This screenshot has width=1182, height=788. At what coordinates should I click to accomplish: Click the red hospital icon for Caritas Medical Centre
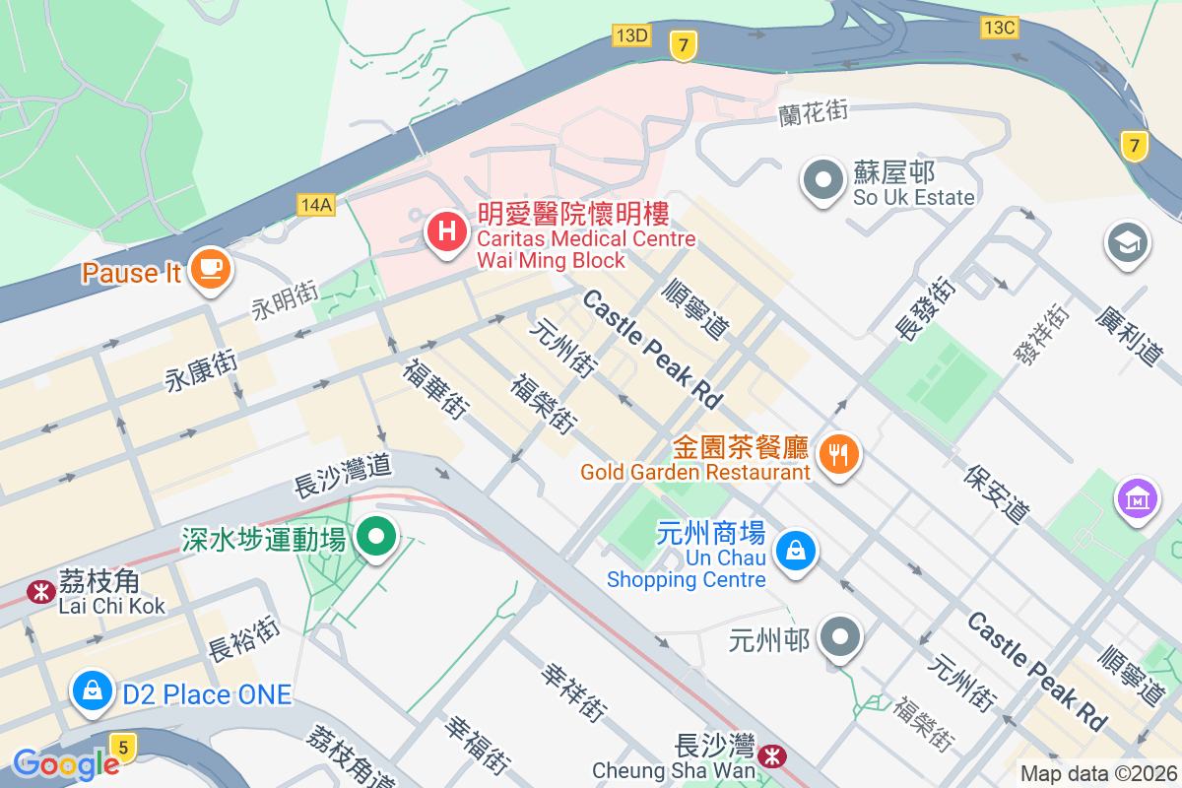pyautogui.click(x=446, y=233)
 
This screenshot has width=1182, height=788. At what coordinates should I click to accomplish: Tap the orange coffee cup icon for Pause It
pyautogui.click(x=209, y=268)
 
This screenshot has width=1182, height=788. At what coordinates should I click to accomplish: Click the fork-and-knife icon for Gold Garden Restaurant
pyautogui.click(x=839, y=454)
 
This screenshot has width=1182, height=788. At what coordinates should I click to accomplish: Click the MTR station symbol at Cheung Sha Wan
pyautogui.click(x=772, y=756)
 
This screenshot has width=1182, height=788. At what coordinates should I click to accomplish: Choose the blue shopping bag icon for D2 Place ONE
pyautogui.click(x=92, y=691)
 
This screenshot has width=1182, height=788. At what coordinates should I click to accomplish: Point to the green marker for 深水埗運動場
pyautogui.click(x=375, y=537)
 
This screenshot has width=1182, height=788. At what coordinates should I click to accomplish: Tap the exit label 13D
pyautogui.click(x=630, y=35)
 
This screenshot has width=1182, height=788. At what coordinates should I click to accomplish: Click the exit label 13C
pyautogui.click(x=999, y=28)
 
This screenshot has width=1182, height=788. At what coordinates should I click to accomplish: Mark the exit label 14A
pyautogui.click(x=316, y=204)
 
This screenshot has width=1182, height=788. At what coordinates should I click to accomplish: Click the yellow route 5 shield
pyautogui.click(x=123, y=747)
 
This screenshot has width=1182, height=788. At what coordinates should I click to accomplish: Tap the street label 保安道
pyautogui.click(x=998, y=493)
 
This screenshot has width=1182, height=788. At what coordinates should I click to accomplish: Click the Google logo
pyautogui.click(x=65, y=763)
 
